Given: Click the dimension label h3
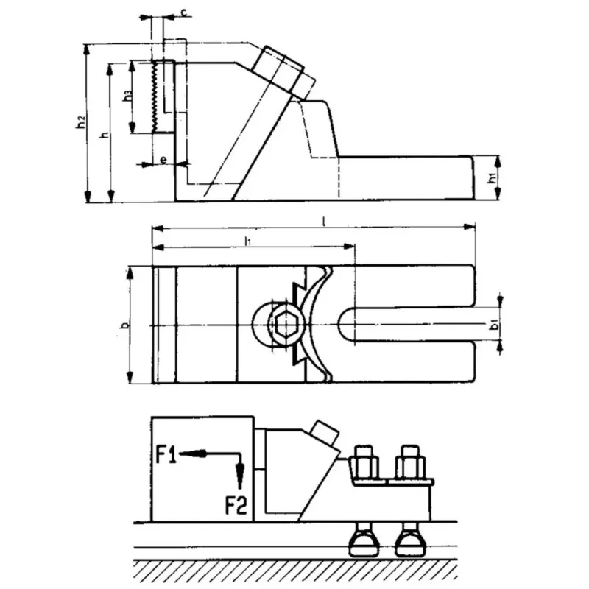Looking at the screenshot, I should (x=127, y=95).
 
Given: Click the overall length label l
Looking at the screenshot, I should (x=325, y=221).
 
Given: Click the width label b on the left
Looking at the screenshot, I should (x=124, y=325).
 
